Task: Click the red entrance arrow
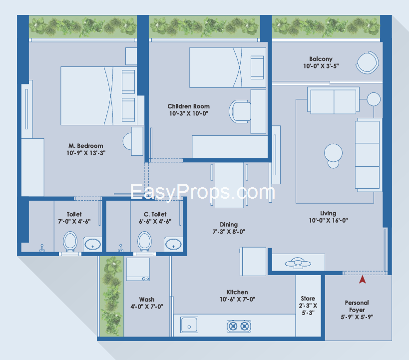click(363, 280)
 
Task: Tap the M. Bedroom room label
click(86, 146)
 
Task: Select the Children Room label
click(189, 106)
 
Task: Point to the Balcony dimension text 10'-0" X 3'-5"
click(321, 66)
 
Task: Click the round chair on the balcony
click(368, 62)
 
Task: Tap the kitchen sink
click(189, 325)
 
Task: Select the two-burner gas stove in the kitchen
click(239, 326)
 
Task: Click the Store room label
click(308, 298)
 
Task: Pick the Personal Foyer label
click(357, 306)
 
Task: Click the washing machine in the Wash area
click(138, 269)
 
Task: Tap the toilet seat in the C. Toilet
click(144, 242)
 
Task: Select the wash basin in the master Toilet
click(92, 245)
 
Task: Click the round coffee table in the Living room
click(334, 156)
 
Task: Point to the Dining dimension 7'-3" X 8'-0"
click(229, 231)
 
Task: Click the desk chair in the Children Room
click(240, 111)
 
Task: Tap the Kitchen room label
click(237, 292)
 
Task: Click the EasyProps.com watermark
click(202, 192)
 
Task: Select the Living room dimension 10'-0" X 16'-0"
click(328, 220)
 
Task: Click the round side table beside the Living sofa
click(374, 99)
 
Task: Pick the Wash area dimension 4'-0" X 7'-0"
click(147, 307)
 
